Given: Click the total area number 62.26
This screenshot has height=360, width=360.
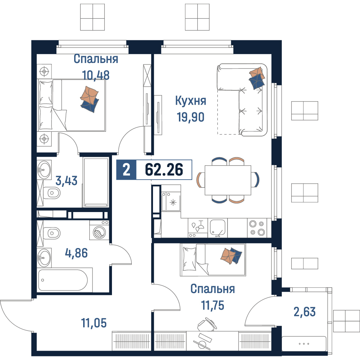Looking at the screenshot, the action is point(164,170).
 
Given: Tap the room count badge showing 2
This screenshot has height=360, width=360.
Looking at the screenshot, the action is point(126,170).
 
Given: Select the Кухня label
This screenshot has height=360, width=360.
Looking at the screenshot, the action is point(190,101).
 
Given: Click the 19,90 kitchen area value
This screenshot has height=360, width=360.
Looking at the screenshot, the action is point(190,117).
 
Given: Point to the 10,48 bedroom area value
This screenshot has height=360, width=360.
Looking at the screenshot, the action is point(96,75).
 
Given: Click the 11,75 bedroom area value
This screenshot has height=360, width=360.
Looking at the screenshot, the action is point(213,305).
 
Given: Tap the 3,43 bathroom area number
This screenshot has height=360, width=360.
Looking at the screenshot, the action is point(66,181).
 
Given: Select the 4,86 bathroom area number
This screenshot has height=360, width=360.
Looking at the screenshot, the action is point(76,253).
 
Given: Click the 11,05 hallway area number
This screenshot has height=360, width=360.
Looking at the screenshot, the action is point(94,323).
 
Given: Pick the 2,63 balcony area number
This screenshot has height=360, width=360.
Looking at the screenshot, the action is point(305,312).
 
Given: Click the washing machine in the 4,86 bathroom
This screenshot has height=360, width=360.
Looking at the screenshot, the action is point(99,230).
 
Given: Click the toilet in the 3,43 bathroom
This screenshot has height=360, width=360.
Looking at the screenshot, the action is point(52,193).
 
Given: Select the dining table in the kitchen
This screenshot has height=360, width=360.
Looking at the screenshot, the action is point(228,180).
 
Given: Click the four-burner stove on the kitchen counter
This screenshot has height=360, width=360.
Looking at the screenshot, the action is point(257,228).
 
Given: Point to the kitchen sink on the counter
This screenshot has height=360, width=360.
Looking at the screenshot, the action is point(217,228).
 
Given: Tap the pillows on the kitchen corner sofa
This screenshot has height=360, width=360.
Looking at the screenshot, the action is point(257,78).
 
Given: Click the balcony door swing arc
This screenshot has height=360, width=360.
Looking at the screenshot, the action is point(255,308).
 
